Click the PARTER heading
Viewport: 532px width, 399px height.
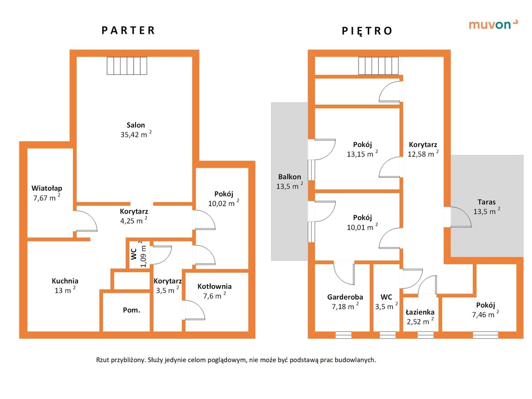(x=128, y=31)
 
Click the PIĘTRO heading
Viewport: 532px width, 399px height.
(x=367, y=31)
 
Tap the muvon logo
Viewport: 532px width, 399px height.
(x=494, y=24)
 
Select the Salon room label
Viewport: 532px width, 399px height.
(x=136, y=125)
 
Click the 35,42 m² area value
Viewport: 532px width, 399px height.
(x=136, y=134)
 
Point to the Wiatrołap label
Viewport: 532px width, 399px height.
(x=47, y=188)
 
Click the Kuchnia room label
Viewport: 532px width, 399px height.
(x=65, y=281)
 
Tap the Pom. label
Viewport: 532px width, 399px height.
(x=131, y=310)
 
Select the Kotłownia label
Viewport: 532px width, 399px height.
(x=215, y=286)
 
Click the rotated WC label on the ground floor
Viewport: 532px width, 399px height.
(x=134, y=254)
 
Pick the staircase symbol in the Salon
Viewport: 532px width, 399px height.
(x=127, y=66)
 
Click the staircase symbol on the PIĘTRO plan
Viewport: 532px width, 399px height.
(x=378, y=66)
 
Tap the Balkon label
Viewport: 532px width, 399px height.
(x=289, y=177)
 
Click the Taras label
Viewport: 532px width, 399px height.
(x=486, y=202)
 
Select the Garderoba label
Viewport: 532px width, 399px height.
(x=345, y=297)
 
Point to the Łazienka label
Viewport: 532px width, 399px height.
(x=420, y=312)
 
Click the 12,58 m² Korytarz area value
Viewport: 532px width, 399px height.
(x=423, y=154)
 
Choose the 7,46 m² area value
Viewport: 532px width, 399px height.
(x=486, y=314)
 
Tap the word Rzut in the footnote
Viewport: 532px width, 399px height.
(x=102, y=360)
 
